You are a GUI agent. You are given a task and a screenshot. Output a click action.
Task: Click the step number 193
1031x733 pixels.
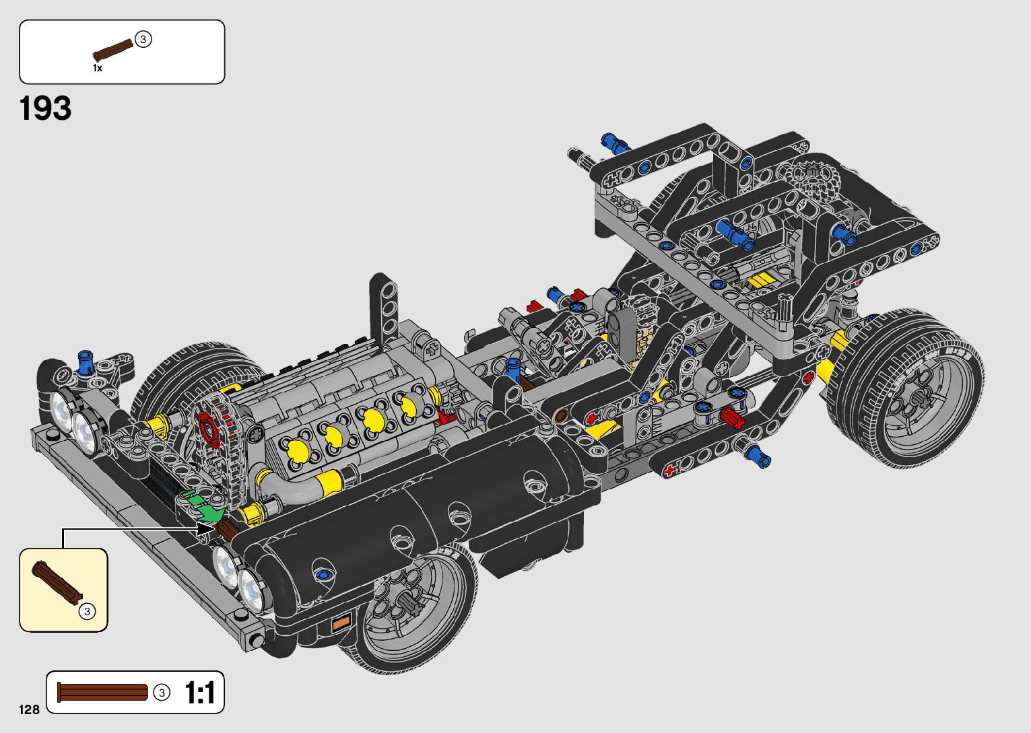pyautogui.click(x=45, y=108)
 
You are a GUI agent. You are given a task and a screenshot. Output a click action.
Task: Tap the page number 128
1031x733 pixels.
pyautogui.click(x=29, y=709)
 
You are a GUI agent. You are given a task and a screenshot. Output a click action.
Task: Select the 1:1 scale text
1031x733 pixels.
pyautogui.click(x=200, y=693)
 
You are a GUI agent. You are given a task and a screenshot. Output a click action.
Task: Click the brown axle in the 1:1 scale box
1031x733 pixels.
pyautogui.click(x=102, y=693)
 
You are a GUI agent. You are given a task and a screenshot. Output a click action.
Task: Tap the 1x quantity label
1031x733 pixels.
pyautogui.click(x=98, y=68)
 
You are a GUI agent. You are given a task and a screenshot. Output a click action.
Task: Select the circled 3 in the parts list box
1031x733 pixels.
pyautogui.click(x=143, y=40)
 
